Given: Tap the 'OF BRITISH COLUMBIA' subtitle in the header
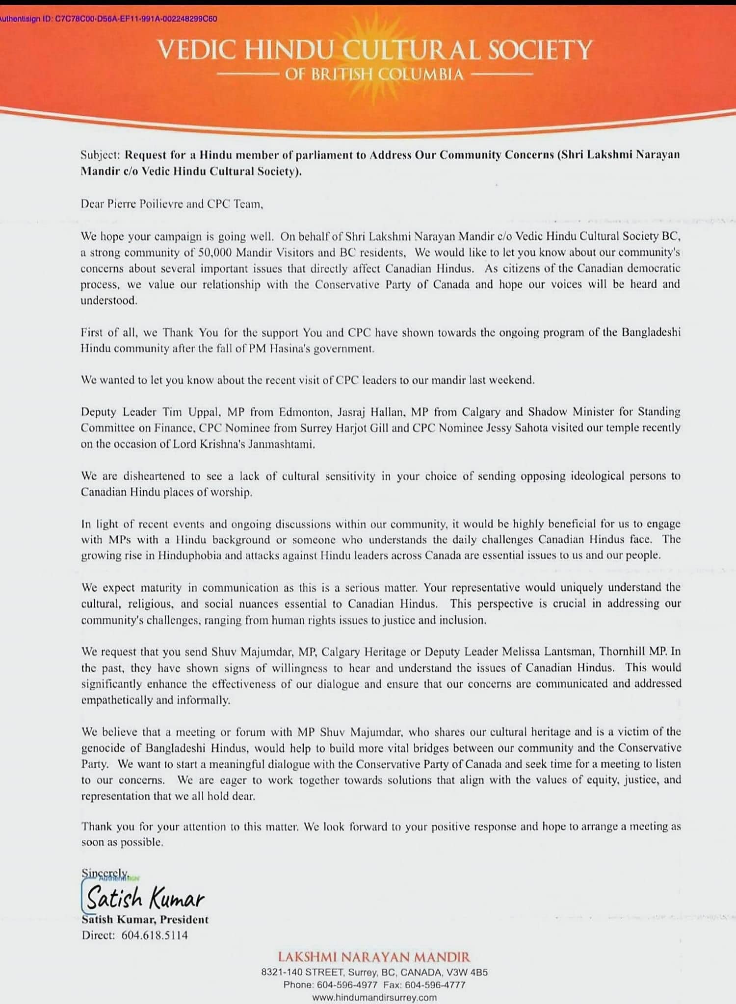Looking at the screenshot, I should pos(374,75).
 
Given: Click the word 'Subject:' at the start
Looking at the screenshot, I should pos(100,155).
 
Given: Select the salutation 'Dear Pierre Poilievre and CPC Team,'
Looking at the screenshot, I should pos(172,204).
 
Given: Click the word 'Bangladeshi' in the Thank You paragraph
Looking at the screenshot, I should pos(651,332).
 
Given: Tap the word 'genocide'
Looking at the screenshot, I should pos(102,748).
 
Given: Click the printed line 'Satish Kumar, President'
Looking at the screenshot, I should pos(145,920).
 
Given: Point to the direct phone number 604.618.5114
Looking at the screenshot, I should pos(155,935).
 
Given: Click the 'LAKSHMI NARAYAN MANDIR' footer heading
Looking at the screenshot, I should pos(374,957).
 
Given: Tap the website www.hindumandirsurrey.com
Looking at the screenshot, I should pos(374,998).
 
